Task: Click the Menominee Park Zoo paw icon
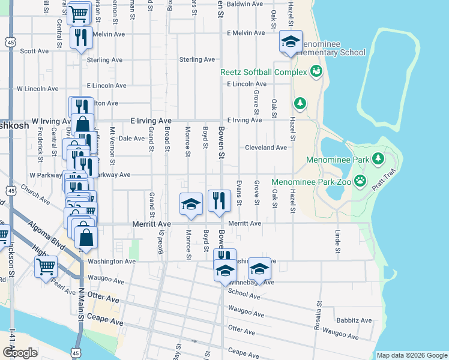coord(360,180)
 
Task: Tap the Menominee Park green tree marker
coord(378,158)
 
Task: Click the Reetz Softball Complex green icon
coord(315,72)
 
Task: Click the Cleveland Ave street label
coord(265,148)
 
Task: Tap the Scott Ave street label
coord(34,52)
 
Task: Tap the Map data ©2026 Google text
coord(411,355)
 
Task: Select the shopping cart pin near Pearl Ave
coord(46,267)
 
